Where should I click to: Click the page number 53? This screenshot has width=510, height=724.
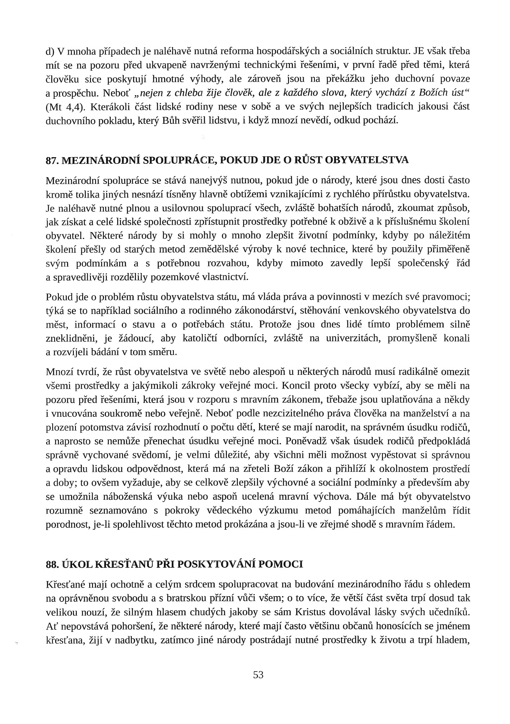point(258,675)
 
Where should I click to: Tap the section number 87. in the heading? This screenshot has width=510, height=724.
point(53,160)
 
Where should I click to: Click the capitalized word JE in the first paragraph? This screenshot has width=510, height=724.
point(420,51)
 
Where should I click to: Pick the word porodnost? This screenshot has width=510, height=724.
point(66,524)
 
